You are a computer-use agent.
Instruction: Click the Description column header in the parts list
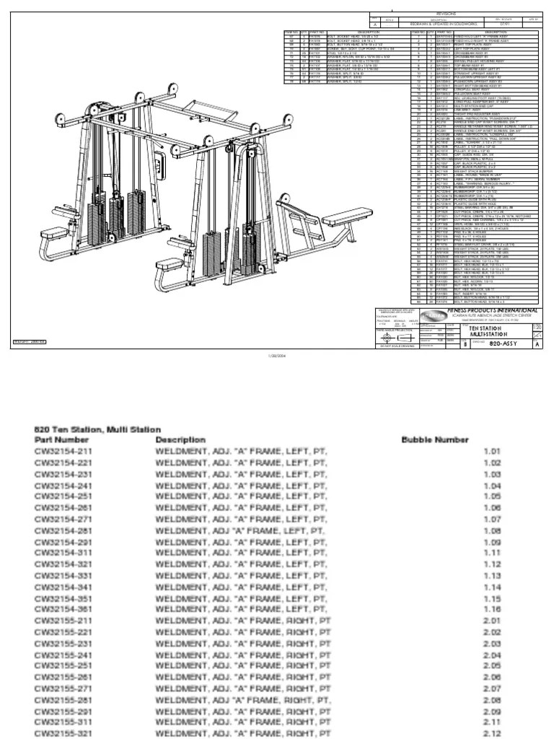point(180,439)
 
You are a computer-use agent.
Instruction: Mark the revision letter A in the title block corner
point(535,344)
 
